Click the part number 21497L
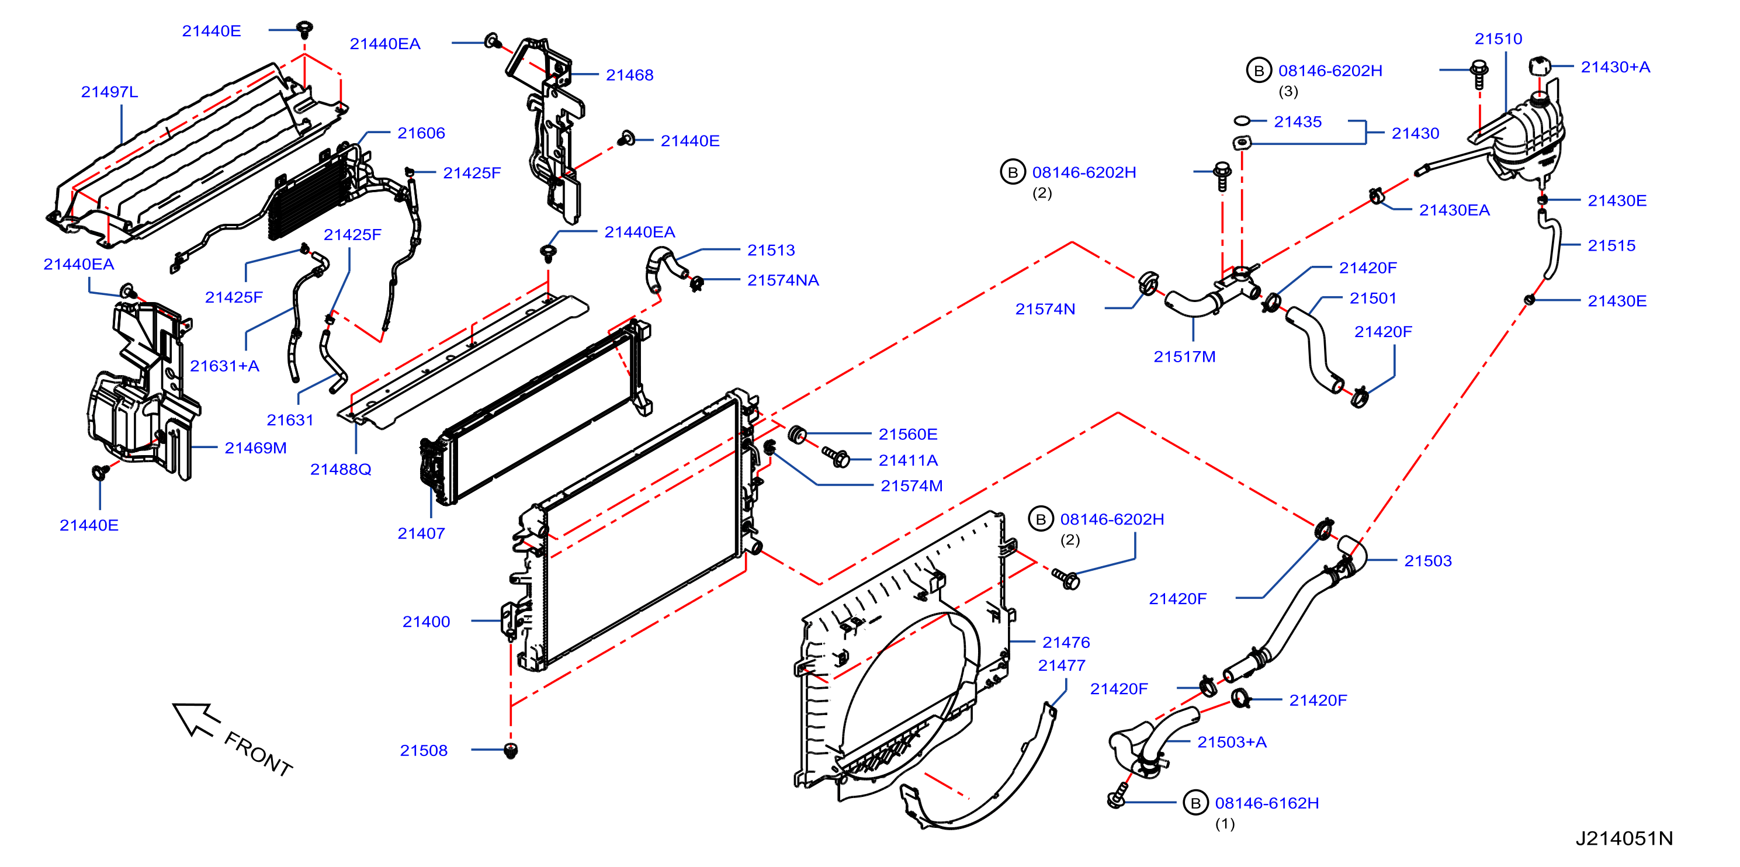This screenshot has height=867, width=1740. click(109, 92)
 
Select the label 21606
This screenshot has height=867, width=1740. click(421, 133)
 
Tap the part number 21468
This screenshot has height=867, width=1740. click(629, 75)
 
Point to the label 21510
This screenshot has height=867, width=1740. click(1498, 39)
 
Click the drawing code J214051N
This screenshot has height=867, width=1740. click(1624, 838)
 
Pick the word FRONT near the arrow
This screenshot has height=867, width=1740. click(259, 754)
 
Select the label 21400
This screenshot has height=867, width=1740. click(426, 621)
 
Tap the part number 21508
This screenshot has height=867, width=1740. click(424, 750)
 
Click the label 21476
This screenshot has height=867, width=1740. click(1066, 642)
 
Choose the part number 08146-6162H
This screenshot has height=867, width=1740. click(1267, 803)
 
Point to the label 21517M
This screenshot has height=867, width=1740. click(1184, 356)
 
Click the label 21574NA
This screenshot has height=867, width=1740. click(783, 280)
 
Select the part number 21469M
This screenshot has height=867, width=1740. click(255, 448)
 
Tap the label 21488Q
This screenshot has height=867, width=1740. click(341, 469)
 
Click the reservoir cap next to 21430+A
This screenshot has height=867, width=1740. click(1540, 66)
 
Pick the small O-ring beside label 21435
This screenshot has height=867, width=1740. click(1242, 121)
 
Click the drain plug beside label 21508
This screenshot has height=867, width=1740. click(511, 750)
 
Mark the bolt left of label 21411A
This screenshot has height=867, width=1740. click(836, 457)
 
